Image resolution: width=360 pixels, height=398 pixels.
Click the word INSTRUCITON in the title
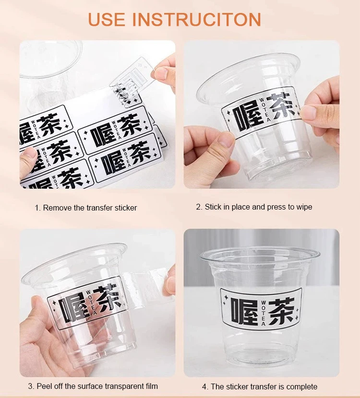pos(197,19)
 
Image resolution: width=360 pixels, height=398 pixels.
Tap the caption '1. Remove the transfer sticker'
pos(85,208)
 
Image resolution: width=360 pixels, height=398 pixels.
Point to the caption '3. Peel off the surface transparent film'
pos(93,386)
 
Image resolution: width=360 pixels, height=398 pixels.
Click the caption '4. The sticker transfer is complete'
pos(259,386)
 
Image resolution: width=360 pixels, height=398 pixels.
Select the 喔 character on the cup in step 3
pos(70,307)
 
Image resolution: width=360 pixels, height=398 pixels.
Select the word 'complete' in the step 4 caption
pos(302,386)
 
